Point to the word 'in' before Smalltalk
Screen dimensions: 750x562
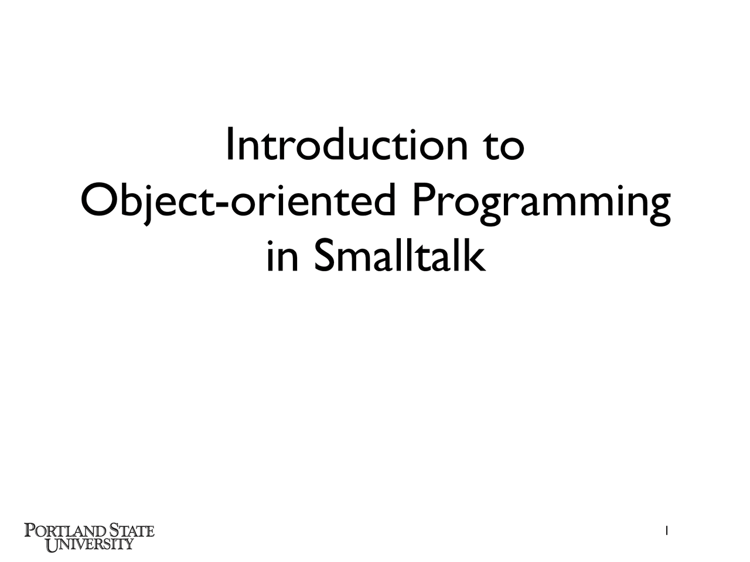pos(282,256)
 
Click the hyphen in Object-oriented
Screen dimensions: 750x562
pos(223,205)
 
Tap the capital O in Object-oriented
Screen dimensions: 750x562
pos(98,200)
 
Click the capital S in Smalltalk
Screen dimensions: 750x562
pos(324,256)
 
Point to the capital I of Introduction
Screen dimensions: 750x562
pos(230,144)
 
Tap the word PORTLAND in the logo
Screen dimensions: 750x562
pos(65,531)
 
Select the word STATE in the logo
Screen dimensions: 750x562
pos(132,531)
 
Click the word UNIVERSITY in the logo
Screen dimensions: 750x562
pos(90,544)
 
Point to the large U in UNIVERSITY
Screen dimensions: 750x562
pos(53,545)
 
